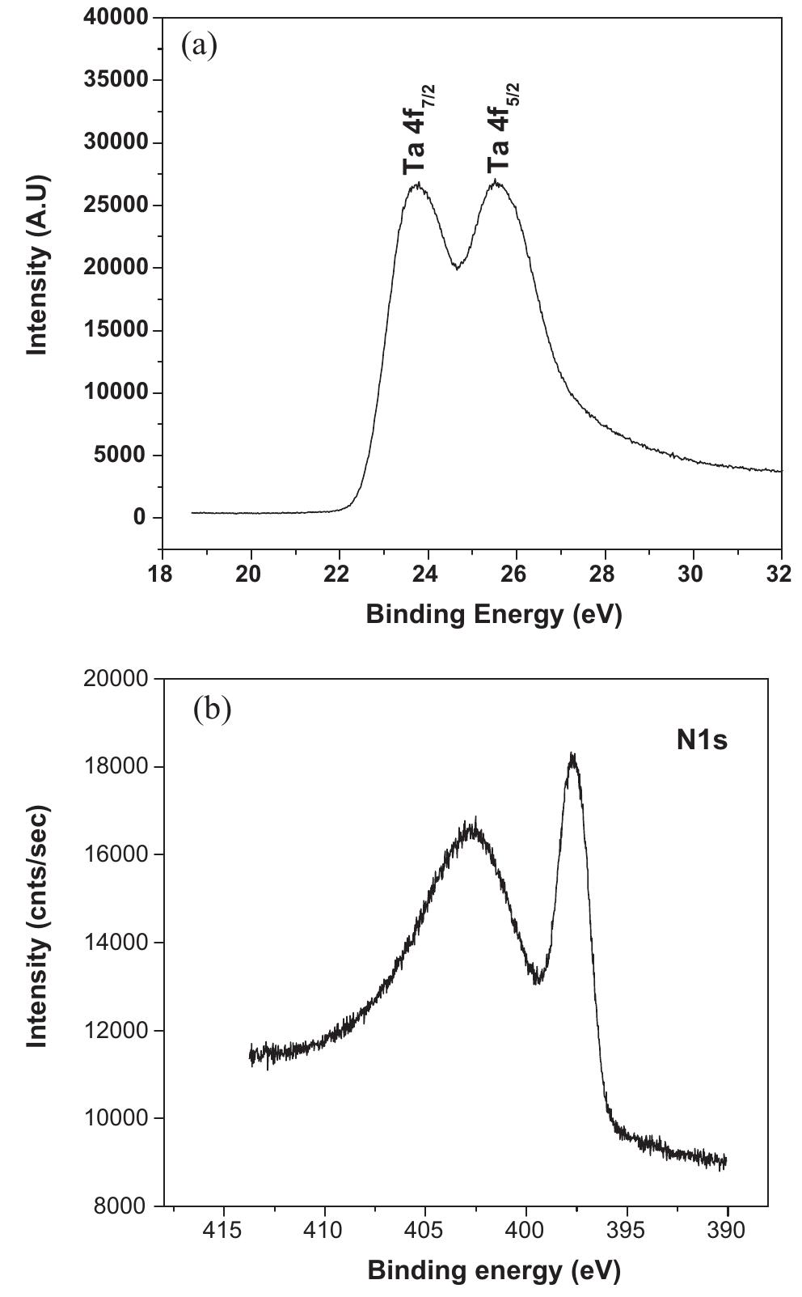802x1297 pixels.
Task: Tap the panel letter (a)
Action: point(200,45)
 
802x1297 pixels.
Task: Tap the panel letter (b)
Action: point(212,709)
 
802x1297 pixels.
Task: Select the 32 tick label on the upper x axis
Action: point(781,572)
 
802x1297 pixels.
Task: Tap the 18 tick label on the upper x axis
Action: point(163,572)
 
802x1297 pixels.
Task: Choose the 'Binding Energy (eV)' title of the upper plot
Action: point(494,614)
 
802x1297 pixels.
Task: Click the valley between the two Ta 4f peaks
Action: point(458,266)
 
